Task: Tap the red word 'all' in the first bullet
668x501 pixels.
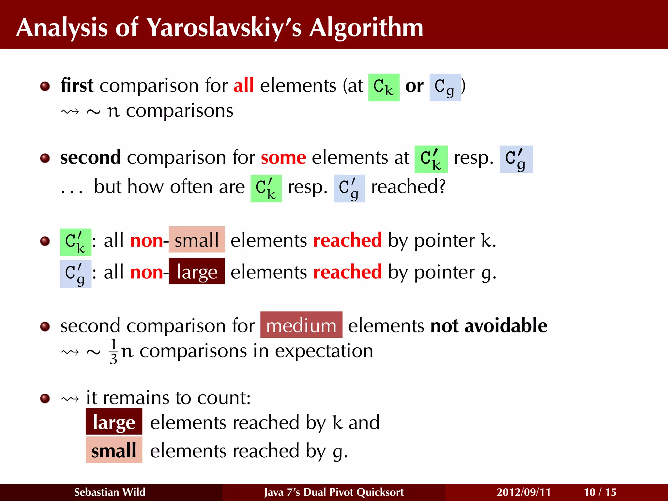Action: [243, 86]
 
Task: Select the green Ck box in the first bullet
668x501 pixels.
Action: [384, 87]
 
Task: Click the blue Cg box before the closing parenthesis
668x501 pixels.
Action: [445, 87]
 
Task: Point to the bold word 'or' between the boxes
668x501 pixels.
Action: [414, 86]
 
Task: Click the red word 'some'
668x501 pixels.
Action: [283, 158]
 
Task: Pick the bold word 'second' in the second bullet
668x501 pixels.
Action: [90, 158]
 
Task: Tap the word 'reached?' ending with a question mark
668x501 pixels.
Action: [408, 187]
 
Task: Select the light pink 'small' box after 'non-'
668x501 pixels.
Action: [197, 240]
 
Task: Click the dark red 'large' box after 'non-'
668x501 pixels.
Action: [197, 271]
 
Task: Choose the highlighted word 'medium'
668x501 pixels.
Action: [301, 325]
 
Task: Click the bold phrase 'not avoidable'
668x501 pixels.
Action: [489, 326]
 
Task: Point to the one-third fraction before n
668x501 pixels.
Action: [114, 351]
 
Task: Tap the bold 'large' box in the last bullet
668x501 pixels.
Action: [114, 422]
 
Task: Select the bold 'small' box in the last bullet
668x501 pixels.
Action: [114, 450]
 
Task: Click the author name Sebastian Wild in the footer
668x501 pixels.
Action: [110, 492]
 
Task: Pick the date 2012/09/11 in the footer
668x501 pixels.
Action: [523, 492]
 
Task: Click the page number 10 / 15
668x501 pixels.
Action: [600, 492]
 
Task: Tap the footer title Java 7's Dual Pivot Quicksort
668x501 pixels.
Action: [334, 492]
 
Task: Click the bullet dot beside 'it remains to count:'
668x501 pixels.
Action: [45, 398]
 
